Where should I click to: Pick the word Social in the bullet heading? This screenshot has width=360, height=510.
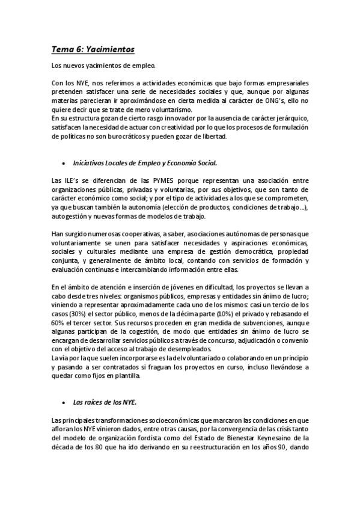pyautogui.click(x=204, y=163)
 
